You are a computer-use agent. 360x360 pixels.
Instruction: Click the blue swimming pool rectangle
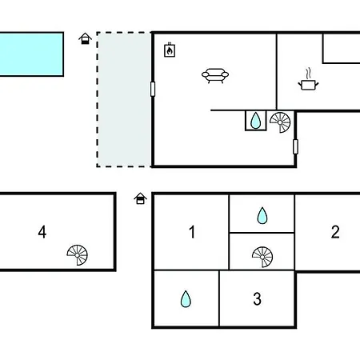pyautogui.click(x=31, y=54)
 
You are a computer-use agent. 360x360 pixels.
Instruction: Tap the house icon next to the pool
pyautogui.click(x=85, y=38)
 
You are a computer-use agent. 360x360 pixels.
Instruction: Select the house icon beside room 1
pyautogui.click(x=140, y=198)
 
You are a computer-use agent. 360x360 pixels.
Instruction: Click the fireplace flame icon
pyautogui.click(x=170, y=50)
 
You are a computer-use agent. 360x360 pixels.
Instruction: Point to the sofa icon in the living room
pyautogui.click(x=215, y=76)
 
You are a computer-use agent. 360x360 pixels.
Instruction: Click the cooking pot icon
pyautogui.click(x=308, y=85)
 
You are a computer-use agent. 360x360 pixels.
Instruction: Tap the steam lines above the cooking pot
pyautogui.click(x=309, y=73)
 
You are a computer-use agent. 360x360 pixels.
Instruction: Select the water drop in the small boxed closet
pyautogui.click(x=256, y=121)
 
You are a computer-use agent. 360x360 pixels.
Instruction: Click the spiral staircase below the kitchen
pyautogui.click(x=280, y=122)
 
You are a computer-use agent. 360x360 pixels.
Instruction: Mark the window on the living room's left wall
pyautogui.click(x=153, y=89)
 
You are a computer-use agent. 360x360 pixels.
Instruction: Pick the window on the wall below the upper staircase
pyautogui.click(x=295, y=146)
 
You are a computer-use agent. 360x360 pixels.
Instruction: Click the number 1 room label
pyautogui.click(x=192, y=232)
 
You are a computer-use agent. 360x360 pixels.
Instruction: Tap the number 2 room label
pyautogui.click(x=335, y=232)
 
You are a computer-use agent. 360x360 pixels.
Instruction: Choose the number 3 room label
pyautogui.click(x=257, y=298)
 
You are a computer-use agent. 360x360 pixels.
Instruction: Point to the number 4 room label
pyautogui.click(x=42, y=232)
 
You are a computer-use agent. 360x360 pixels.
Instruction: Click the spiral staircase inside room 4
pyautogui.click(x=77, y=255)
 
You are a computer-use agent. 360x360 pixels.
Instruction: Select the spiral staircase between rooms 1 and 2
pyautogui.click(x=262, y=257)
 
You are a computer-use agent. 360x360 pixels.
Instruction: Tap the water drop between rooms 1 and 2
pyautogui.click(x=262, y=215)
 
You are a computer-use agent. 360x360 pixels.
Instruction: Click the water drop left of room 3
pyautogui.click(x=186, y=299)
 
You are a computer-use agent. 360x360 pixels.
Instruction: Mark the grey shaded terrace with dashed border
pyautogui.click(x=124, y=99)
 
